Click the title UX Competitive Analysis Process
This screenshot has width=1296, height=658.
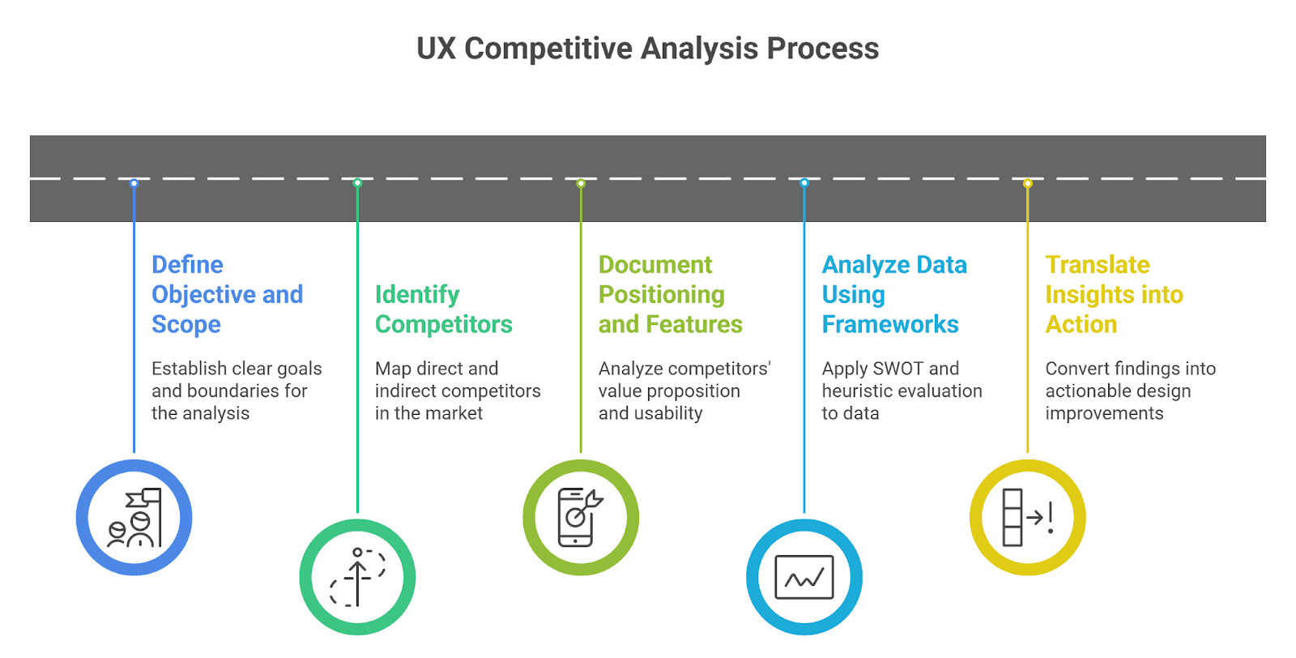(647, 49)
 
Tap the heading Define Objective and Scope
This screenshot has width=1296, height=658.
(227, 294)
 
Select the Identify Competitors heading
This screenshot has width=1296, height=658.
(443, 309)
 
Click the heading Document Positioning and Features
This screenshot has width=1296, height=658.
(670, 294)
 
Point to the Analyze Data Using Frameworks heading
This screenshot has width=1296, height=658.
(893, 294)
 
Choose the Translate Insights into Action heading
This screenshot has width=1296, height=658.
(1114, 294)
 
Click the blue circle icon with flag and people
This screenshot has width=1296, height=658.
(134, 518)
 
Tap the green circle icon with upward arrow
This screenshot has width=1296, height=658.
(357, 577)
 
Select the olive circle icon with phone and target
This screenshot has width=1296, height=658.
(581, 518)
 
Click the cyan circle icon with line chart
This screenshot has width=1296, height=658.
(804, 577)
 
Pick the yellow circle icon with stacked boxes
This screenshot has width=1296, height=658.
(1028, 518)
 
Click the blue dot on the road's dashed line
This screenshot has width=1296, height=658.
(134, 183)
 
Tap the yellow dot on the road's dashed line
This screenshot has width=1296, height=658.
(1028, 183)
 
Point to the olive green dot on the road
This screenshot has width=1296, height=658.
(581, 183)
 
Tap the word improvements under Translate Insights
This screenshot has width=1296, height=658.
(1104, 413)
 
